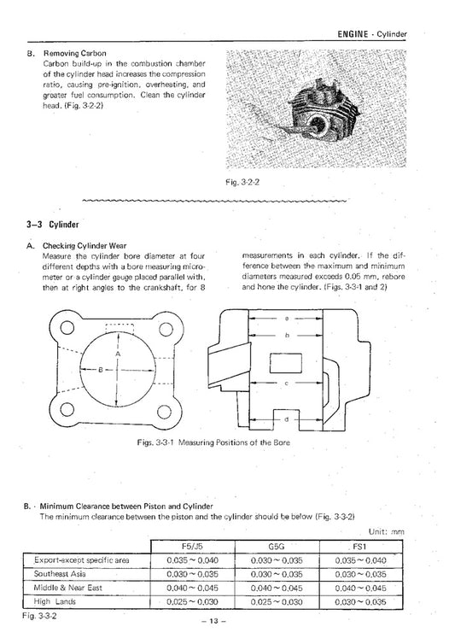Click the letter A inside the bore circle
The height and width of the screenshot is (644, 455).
(118, 352)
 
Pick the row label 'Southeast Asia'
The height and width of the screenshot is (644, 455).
(62, 575)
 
